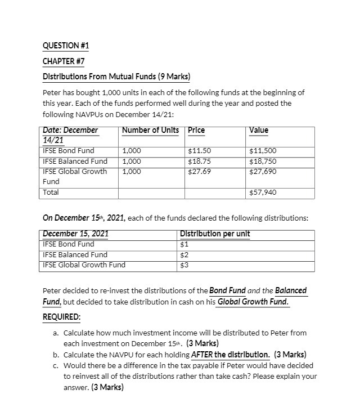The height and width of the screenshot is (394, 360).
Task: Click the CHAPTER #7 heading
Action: (63, 61)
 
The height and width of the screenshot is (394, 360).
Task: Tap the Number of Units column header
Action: (150, 131)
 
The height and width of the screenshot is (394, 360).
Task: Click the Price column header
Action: (196, 131)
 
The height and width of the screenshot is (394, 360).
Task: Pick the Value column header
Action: (259, 131)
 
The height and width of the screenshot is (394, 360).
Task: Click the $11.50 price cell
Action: (199, 151)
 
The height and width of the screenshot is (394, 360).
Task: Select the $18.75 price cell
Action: (199, 161)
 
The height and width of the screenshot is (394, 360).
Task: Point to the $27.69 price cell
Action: (199, 171)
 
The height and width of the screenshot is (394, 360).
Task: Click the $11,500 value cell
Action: (262, 151)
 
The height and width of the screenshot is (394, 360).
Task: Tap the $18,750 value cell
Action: (262, 161)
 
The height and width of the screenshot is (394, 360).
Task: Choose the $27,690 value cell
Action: (262, 171)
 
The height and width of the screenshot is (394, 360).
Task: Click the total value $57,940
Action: (262, 192)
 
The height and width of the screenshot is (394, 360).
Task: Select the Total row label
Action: (51, 192)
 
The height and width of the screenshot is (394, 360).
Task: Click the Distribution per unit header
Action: (214, 234)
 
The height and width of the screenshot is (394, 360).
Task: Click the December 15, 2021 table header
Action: (76, 234)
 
